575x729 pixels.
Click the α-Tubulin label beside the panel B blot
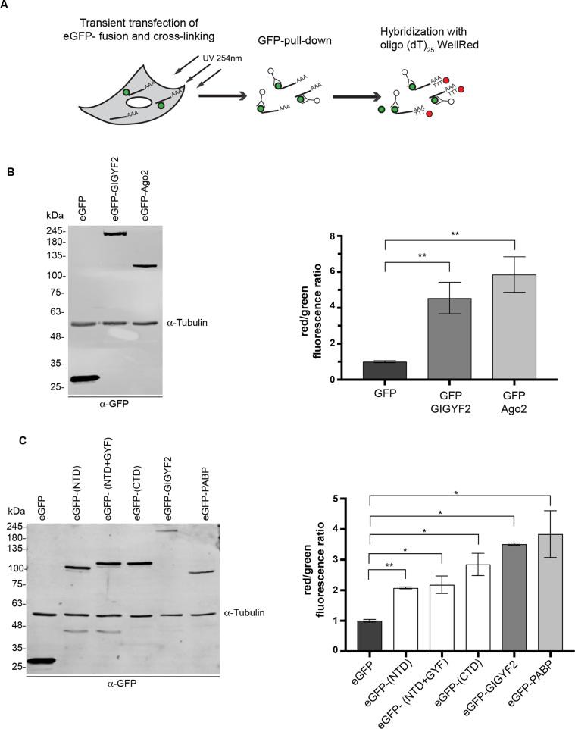tap(186, 323)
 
